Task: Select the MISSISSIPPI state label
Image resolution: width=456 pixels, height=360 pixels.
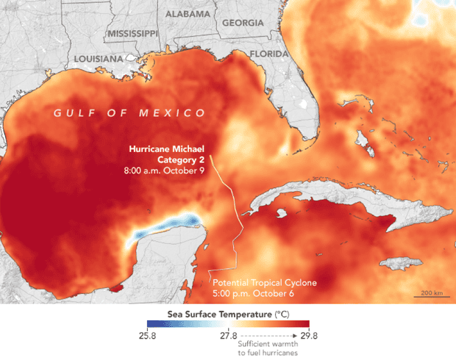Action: pos(132,34)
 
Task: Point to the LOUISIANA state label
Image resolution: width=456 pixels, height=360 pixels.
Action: pos(99,58)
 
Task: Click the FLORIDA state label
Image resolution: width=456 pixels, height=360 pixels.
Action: pos(269,54)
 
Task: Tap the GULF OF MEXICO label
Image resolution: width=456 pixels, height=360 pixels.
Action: pos(128,112)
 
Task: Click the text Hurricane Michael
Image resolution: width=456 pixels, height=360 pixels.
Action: pos(166,148)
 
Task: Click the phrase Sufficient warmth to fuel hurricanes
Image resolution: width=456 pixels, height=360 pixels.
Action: pos(270,348)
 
